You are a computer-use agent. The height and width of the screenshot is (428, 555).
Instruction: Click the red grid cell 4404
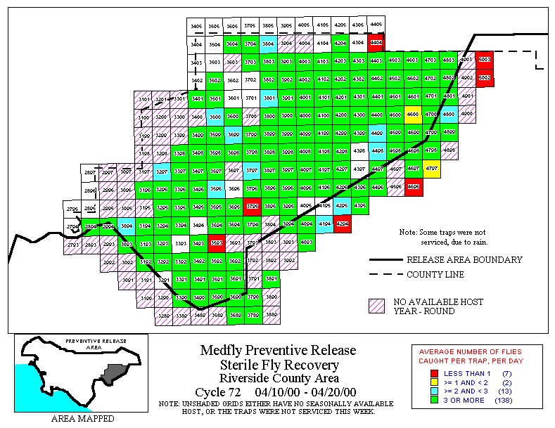(x=376, y=42)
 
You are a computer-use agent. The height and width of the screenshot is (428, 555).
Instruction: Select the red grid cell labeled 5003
(x=485, y=60)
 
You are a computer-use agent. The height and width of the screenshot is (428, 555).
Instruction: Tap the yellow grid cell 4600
(x=413, y=115)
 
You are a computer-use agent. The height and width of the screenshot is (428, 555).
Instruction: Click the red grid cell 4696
(x=414, y=187)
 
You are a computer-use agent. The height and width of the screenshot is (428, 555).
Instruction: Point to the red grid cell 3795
(x=252, y=206)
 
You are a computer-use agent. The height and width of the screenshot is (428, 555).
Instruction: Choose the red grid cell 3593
(x=216, y=243)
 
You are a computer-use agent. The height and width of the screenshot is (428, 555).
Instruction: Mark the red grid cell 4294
(x=342, y=223)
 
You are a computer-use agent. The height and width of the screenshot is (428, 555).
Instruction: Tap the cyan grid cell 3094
(x=127, y=226)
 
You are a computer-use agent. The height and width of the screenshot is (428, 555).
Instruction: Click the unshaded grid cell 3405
(x=197, y=26)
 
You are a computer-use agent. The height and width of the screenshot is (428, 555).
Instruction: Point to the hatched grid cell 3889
(x=270, y=316)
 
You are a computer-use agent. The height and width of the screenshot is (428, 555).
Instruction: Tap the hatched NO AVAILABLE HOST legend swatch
(x=378, y=306)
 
